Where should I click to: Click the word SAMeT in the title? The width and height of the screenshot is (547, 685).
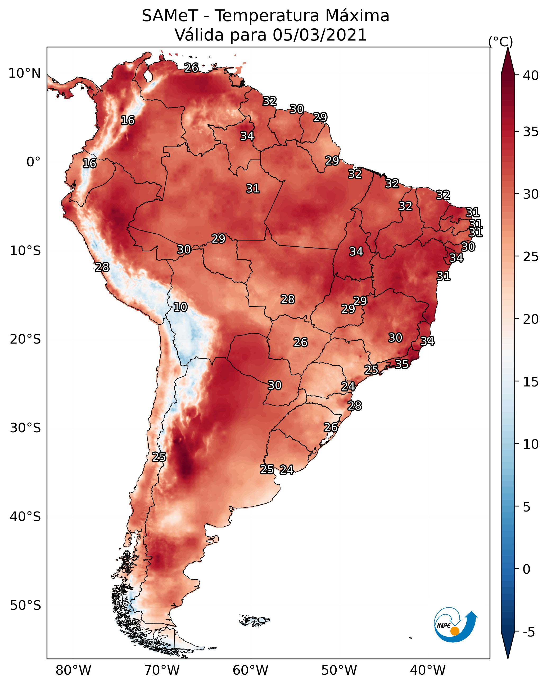pyautogui.click(x=170, y=16)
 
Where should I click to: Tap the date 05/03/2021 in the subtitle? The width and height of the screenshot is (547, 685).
pyautogui.click(x=320, y=35)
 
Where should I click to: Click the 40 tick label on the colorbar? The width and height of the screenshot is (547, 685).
pyautogui.click(x=531, y=75)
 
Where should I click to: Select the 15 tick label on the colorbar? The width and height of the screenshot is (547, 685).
pyautogui.click(x=531, y=382)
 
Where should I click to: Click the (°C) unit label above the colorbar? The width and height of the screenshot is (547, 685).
pyautogui.click(x=501, y=42)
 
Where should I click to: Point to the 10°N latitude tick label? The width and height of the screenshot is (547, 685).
pyautogui.click(x=24, y=73)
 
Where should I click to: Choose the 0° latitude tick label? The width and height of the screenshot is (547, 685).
pyautogui.click(x=34, y=162)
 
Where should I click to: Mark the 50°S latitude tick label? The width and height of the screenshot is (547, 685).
pyautogui.click(x=25, y=606)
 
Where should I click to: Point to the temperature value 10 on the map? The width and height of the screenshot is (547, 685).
pyautogui.click(x=180, y=307)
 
